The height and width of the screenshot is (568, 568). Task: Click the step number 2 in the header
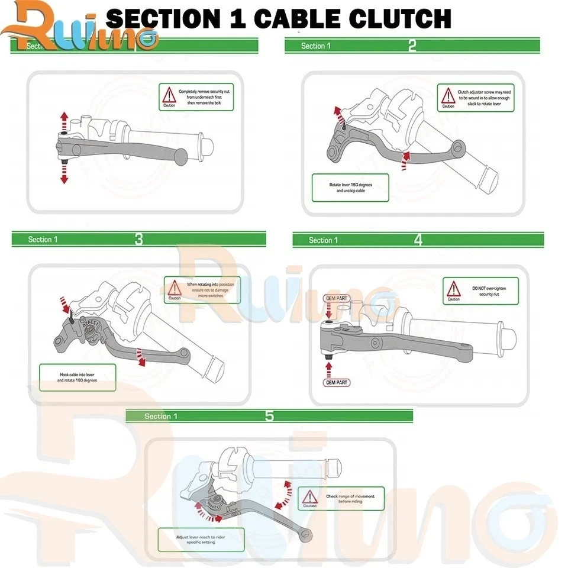412,46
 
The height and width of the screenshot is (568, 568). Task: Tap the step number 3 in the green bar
138,240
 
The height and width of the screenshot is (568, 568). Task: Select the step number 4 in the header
418,240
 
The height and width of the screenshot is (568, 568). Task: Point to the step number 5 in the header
269,416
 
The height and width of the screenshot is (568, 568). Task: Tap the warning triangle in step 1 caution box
170,95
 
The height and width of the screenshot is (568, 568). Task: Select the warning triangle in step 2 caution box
448,95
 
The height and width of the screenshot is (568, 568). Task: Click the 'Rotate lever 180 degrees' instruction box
350,188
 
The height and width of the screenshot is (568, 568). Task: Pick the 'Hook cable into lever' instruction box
78,377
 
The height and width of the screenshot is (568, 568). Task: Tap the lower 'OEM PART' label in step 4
337,383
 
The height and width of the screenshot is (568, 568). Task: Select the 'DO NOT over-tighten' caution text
489,291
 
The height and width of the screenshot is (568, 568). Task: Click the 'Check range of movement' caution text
350,499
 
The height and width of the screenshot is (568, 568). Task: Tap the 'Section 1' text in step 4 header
324,240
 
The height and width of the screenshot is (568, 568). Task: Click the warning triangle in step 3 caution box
175,288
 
